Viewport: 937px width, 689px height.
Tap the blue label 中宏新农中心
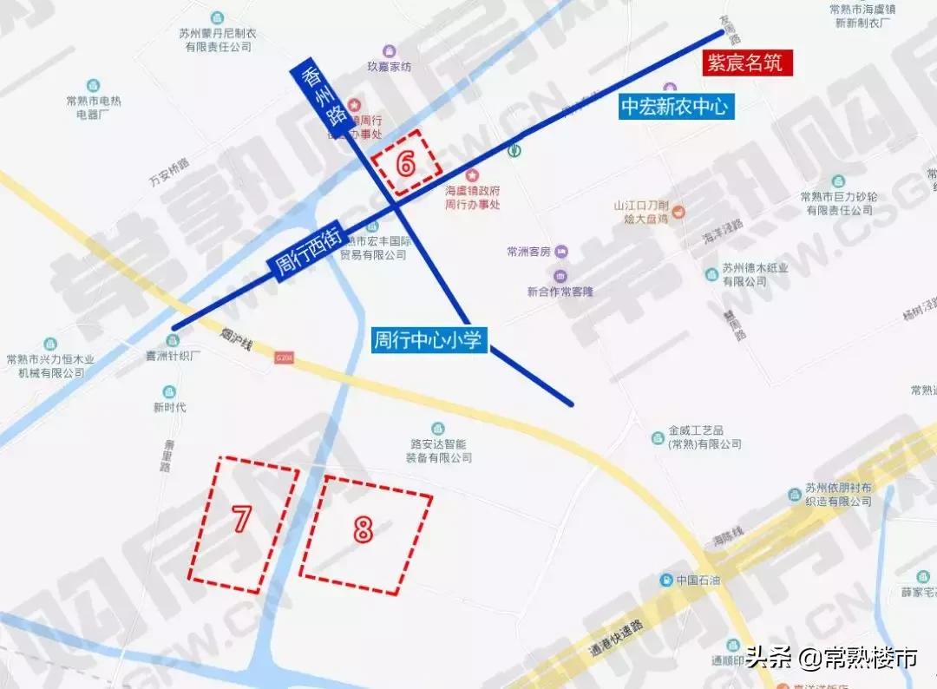[677, 107]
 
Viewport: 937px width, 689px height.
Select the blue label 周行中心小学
[428, 339]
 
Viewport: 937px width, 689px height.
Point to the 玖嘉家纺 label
[389, 65]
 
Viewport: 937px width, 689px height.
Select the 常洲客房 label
[529, 252]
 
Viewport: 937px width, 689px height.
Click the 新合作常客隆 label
[560, 292]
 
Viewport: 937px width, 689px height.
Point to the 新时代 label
[169, 407]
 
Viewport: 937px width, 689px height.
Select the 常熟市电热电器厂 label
[94, 107]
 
